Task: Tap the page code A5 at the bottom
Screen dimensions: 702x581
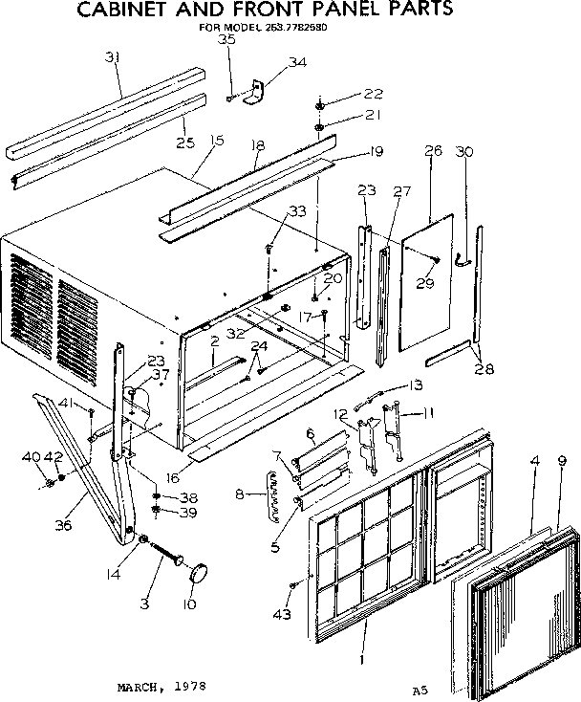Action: (420, 662)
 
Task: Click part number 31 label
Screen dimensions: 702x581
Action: (113, 58)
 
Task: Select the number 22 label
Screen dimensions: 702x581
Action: (346, 93)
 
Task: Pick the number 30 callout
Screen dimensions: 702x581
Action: (464, 151)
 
